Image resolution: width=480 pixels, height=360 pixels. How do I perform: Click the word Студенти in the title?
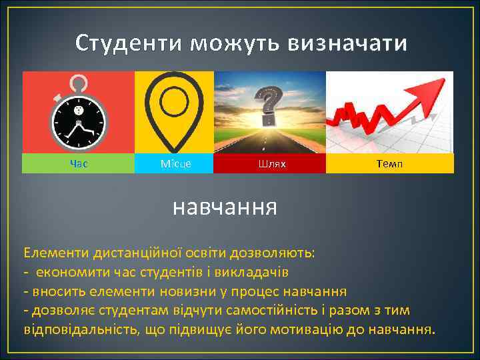click(129, 43)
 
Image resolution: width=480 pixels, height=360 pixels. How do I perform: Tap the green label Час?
click(78, 163)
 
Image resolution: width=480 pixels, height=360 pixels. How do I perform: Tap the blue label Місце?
click(175, 163)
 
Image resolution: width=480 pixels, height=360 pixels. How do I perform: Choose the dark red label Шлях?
click(269, 163)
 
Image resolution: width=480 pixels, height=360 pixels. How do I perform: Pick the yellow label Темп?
click(390, 163)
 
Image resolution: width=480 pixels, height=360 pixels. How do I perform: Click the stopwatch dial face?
click(79, 121)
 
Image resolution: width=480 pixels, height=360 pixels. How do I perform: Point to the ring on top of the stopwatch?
click(79, 84)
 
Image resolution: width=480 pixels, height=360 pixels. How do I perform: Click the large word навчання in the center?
click(225, 207)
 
